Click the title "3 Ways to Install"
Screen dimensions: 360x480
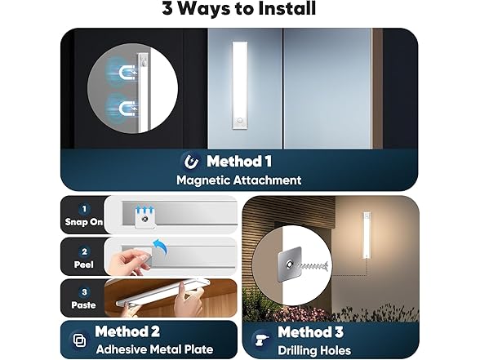240,10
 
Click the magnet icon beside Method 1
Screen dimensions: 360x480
192,161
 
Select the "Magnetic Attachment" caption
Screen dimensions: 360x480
239,180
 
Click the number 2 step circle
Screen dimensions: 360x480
82,251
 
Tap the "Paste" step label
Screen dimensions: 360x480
82,305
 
